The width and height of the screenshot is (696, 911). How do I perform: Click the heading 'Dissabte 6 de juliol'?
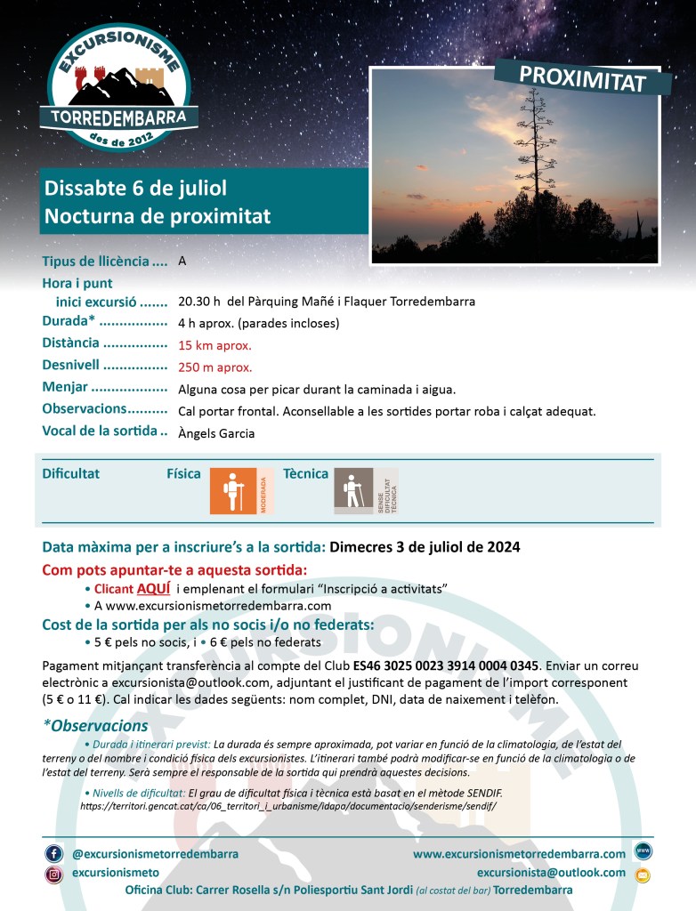coord(135,189)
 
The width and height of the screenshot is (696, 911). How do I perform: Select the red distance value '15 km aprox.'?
coord(214,345)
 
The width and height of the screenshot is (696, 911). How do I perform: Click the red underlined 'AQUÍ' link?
coord(153,589)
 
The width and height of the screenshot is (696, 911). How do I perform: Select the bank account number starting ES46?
coord(445,665)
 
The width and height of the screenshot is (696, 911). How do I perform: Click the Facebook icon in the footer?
coord(53,854)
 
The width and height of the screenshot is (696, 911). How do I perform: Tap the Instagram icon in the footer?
coord(53,875)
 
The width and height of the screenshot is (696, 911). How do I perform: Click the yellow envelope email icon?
coord(643,875)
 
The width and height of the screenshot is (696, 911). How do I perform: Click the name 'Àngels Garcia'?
coord(216,434)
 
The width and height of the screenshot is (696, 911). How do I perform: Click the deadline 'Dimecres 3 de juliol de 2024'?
coord(425,546)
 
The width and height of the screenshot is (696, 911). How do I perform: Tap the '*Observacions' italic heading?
coord(95,726)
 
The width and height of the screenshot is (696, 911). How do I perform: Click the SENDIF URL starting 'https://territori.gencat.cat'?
coord(287,805)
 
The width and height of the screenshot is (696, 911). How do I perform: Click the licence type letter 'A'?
coord(182,262)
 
